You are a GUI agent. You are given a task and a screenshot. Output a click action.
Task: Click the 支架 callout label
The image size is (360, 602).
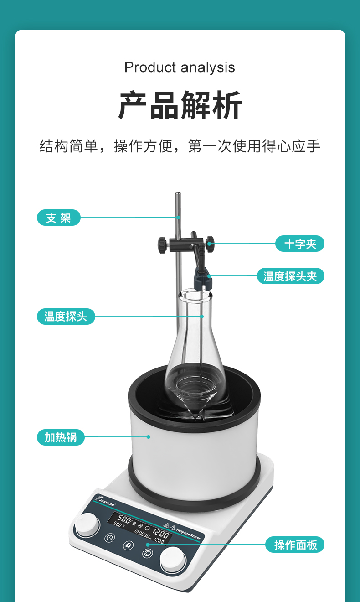58,218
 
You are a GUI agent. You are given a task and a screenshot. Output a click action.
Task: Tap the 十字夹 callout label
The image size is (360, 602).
299,244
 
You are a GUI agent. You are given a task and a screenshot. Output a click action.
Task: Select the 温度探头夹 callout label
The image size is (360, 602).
290,276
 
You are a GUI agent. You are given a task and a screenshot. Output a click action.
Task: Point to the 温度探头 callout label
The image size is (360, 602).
66,316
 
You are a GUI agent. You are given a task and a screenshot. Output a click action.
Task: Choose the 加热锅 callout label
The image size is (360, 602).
61,437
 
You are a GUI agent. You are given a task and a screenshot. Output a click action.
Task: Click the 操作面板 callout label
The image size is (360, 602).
295,545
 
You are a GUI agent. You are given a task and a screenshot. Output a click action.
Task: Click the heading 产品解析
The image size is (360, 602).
180,106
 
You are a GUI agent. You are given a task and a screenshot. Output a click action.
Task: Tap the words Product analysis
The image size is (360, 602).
180,67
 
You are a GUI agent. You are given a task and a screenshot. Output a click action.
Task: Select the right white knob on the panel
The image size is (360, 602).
173,559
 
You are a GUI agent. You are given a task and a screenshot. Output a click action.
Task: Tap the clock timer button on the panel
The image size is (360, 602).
109,538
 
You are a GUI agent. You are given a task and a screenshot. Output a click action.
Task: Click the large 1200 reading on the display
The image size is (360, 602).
160,533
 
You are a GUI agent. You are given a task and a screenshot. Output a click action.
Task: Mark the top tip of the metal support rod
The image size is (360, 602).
177,194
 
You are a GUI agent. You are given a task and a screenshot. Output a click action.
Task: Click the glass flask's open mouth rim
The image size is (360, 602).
195,294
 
